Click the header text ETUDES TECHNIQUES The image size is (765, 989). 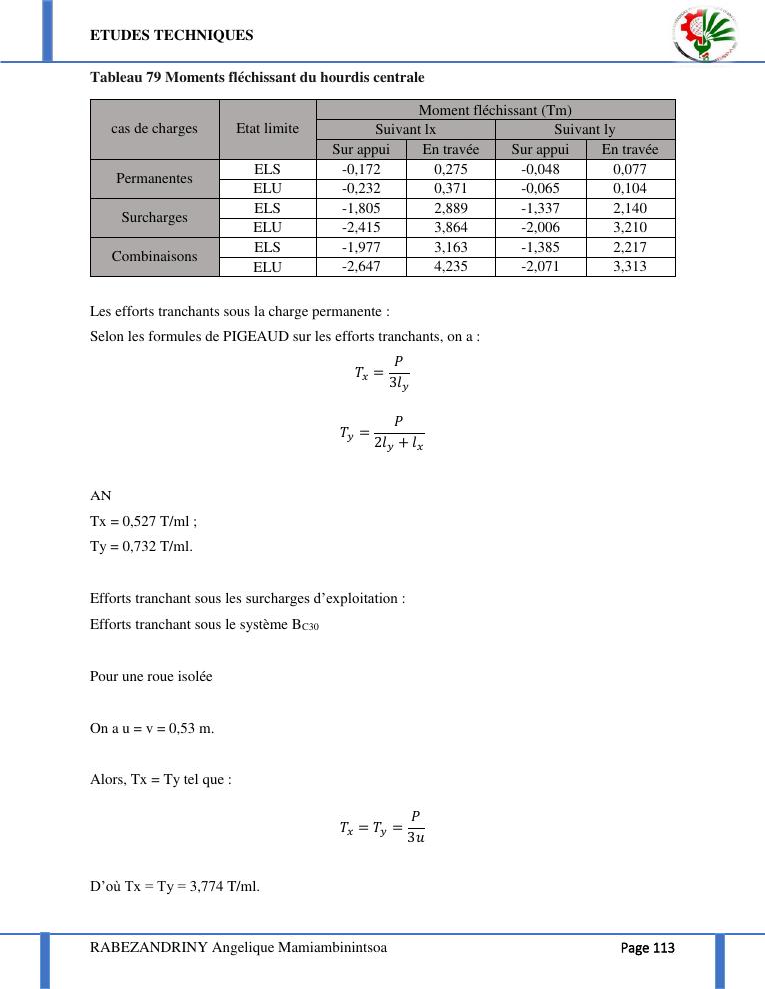172,35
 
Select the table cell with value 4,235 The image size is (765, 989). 450,267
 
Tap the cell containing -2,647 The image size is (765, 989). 360,267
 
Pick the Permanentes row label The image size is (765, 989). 154,179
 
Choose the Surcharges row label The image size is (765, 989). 154,218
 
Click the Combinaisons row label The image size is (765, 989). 154,257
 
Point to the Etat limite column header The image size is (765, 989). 267,129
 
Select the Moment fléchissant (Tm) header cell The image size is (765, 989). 495,110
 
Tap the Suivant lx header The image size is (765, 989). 405,129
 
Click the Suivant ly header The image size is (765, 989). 585,129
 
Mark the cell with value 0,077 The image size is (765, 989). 630,169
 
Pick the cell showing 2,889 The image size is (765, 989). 450,208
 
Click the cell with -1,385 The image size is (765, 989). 540,247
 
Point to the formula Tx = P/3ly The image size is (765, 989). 382,374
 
